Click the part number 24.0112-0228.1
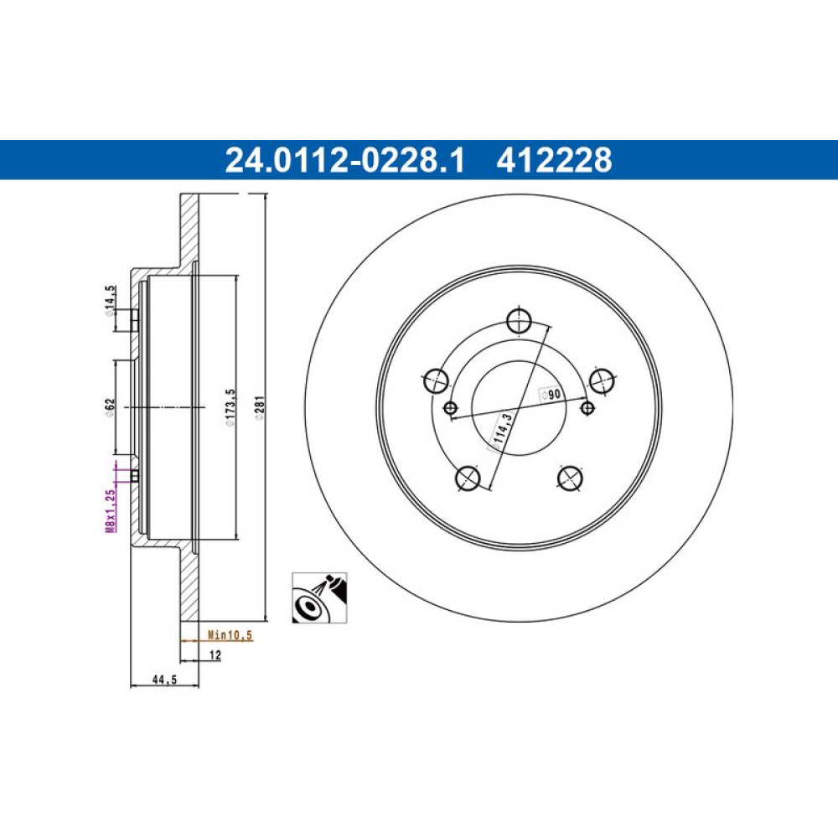(x=344, y=160)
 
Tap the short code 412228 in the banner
(x=554, y=160)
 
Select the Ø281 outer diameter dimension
(x=260, y=408)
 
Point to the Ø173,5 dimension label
(x=230, y=408)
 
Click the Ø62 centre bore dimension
(x=110, y=406)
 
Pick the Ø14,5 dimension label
(x=110, y=302)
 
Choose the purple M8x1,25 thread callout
(x=110, y=511)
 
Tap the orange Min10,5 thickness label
(x=230, y=635)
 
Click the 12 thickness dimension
(x=215, y=654)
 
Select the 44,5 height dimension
(x=164, y=680)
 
